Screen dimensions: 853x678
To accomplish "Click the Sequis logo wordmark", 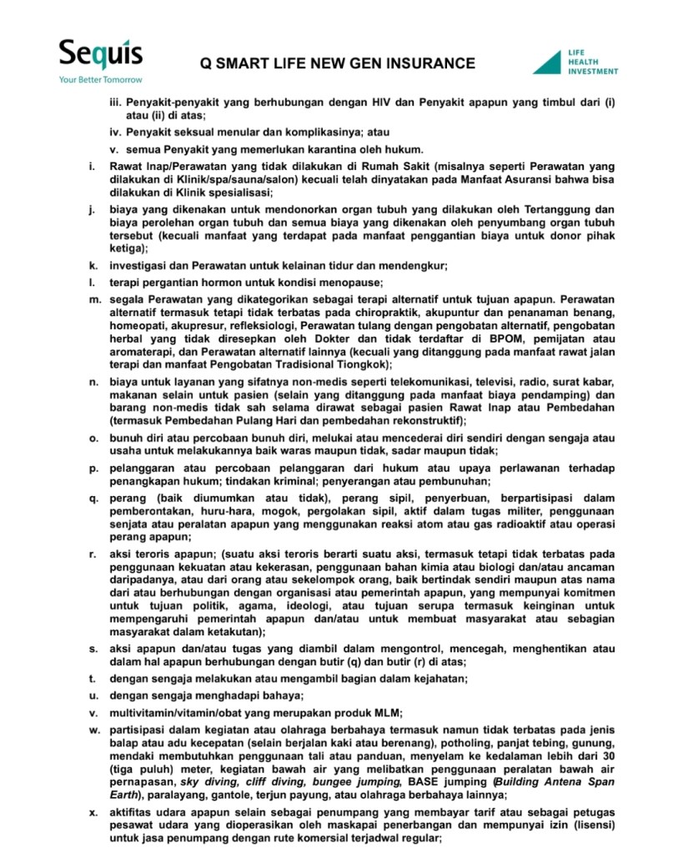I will [x=99, y=56].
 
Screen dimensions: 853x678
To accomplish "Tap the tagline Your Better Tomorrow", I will [x=100, y=80].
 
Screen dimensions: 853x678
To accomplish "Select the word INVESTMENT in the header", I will [x=594, y=72].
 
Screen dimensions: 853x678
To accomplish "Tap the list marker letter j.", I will [x=91, y=209].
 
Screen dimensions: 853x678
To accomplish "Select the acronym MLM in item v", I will [x=385, y=712].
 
